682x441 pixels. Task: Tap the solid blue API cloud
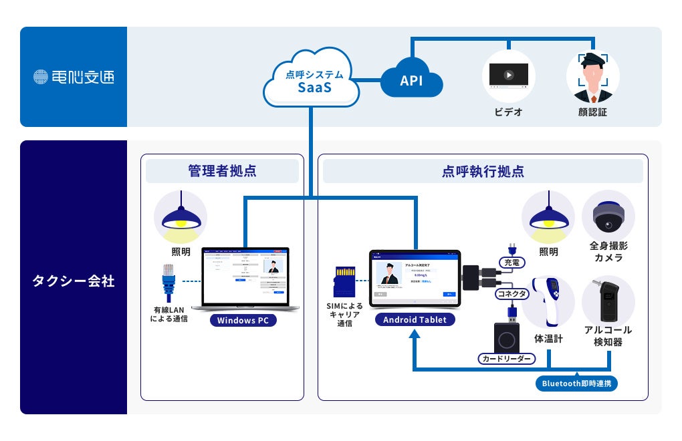pyautogui.click(x=412, y=81)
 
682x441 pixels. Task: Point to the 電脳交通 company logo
pyautogui.click(x=74, y=77)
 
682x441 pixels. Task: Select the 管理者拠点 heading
pyautogui.click(x=222, y=171)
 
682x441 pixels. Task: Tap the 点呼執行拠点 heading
pyautogui.click(x=482, y=171)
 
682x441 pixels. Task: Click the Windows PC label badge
pyautogui.click(x=243, y=320)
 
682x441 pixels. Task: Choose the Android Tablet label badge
pyautogui.click(x=415, y=319)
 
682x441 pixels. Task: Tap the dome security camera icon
pyautogui.click(x=608, y=217)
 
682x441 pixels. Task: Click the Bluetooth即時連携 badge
pyautogui.click(x=576, y=384)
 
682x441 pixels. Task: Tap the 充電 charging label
pyautogui.click(x=515, y=262)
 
